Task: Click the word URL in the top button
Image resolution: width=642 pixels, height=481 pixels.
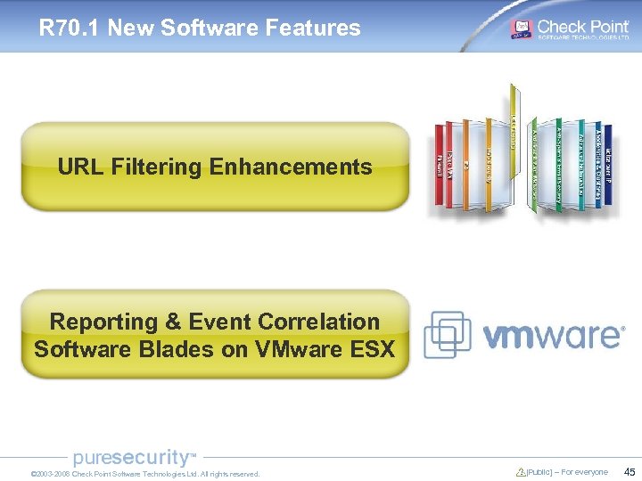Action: (x=81, y=167)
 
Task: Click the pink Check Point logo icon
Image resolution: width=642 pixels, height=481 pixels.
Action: (x=521, y=29)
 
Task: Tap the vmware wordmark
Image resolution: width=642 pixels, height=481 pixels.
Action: (x=553, y=335)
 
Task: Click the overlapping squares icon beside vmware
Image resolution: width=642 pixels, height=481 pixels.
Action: (x=447, y=334)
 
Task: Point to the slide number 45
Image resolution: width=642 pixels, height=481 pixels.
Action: (x=630, y=472)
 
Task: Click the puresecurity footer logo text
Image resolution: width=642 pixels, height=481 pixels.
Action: (x=132, y=458)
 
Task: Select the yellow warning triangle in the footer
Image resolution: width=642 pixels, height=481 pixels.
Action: (x=521, y=472)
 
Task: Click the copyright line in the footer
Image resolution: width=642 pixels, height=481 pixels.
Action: (x=145, y=474)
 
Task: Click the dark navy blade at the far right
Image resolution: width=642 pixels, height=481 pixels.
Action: (x=607, y=169)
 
